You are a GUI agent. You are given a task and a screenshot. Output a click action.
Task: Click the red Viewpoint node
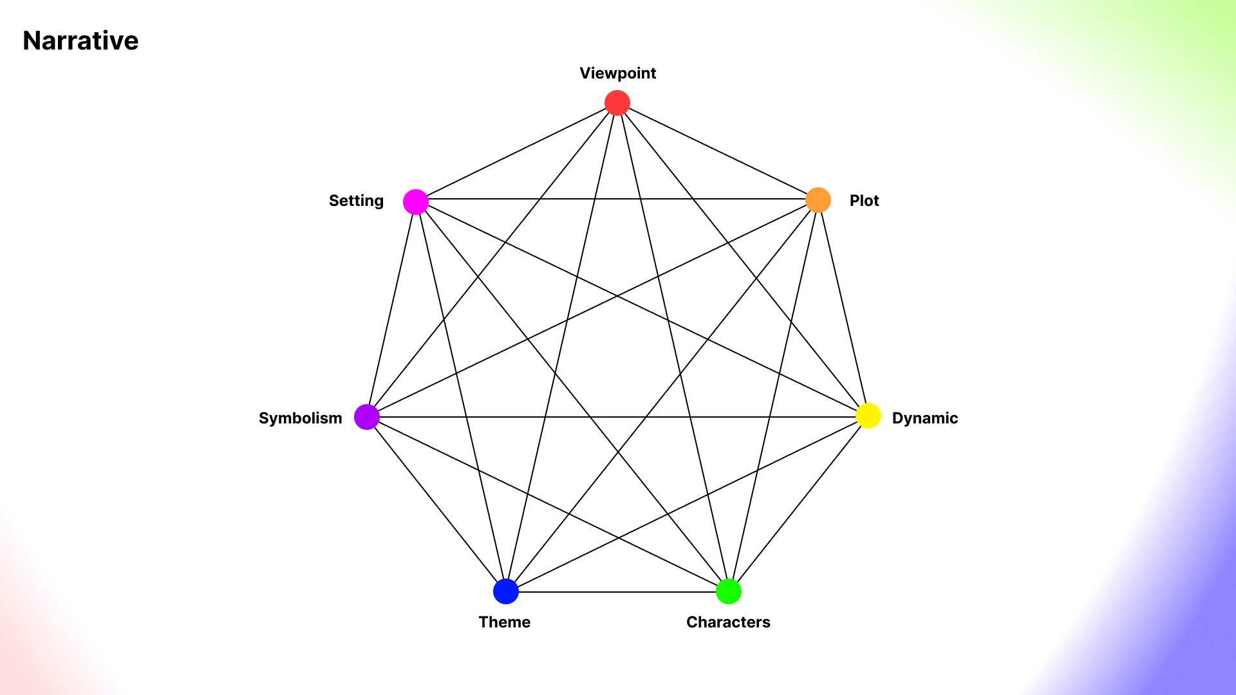[x=617, y=103]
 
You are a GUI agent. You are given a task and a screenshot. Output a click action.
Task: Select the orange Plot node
[x=818, y=200]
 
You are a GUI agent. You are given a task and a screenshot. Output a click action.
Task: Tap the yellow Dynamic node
[x=868, y=416]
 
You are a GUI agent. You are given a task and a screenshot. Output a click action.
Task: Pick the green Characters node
[x=729, y=591]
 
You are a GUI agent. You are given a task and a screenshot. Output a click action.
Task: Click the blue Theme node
[x=506, y=591]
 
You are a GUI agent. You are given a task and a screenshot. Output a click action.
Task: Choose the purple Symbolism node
[x=367, y=417]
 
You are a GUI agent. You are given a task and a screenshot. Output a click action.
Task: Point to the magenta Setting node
[x=416, y=202]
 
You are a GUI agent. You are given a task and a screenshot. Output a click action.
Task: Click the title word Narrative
[x=80, y=41]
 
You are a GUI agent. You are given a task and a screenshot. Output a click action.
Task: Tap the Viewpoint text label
[x=617, y=73]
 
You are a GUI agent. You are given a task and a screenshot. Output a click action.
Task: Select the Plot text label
[x=864, y=201]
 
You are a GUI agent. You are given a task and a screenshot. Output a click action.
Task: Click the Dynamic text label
[x=924, y=418]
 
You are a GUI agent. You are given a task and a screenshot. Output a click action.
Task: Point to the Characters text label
[x=728, y=622]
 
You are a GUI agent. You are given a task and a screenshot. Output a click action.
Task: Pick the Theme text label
[x=504, y=622]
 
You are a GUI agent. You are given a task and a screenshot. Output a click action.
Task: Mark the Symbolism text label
[x=300, y=418]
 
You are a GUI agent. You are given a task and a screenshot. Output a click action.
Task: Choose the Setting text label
[x=356, y=201]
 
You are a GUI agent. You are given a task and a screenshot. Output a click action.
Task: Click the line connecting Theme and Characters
[x=617, y=592]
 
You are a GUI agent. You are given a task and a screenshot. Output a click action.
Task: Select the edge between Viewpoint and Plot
[x=718, y=151]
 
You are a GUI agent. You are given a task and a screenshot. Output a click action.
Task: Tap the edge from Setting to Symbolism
[x=391, y=310]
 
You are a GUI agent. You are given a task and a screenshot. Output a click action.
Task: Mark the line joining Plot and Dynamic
[x=843, y=308]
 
